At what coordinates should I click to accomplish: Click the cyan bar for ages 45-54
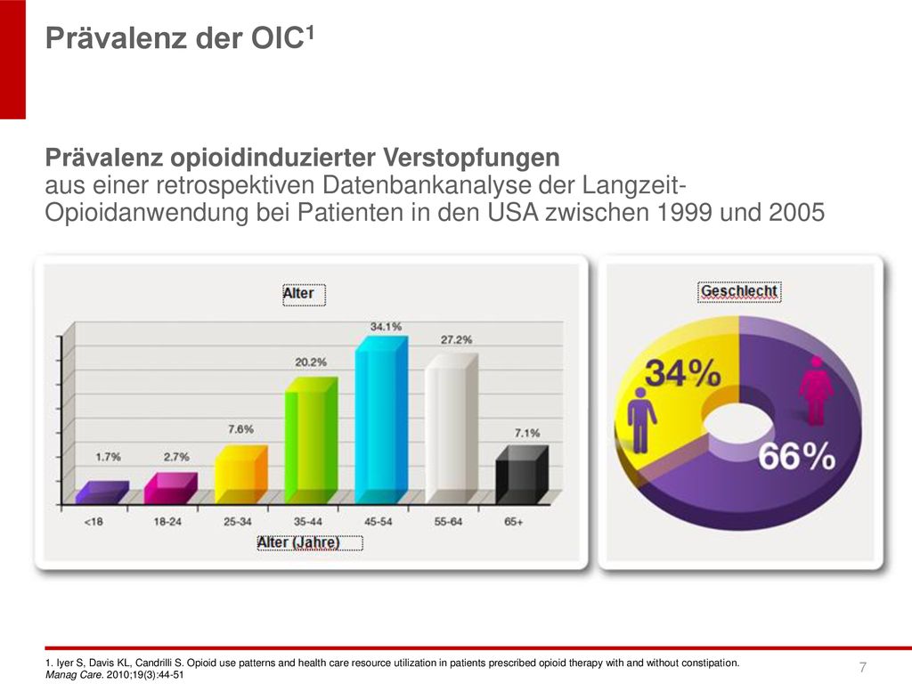[381, 420]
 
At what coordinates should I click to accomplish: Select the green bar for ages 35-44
[311, 440]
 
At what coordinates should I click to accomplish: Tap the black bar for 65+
[522, 475]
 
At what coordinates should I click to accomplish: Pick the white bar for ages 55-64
[452, 428]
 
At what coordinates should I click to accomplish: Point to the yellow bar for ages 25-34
[240, 475]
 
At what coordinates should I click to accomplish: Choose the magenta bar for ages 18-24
[170, 488]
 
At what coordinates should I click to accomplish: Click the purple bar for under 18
[102, 492]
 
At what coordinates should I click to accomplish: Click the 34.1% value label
[387, 327]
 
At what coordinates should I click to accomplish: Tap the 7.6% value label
[240, 429]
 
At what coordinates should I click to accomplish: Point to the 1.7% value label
[108, 457]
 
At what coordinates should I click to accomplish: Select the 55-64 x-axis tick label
[448, 522]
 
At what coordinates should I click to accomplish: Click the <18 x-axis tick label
[93, 522]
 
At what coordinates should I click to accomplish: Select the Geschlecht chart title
[739, 291]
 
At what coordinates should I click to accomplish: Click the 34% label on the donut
[683, 373]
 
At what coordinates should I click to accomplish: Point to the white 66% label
[796, 457]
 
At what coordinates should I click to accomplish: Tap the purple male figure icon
[640, 420]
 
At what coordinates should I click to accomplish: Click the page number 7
[862, 666]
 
